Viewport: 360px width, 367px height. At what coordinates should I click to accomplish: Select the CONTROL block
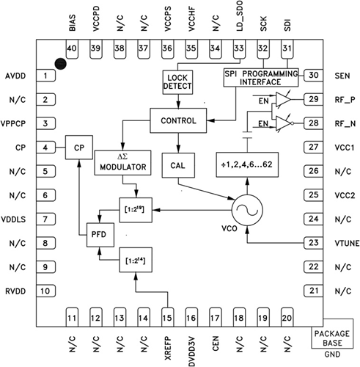pyautogui.click(x=178, y=120)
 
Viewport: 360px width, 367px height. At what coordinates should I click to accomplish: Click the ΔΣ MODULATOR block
pyautogui.click(x=122, y=162)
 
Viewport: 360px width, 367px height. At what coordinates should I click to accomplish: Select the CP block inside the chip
pyautogui.click(x=78, y=147)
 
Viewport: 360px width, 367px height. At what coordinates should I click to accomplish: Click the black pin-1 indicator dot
pyautogui.click(x=61, y=65)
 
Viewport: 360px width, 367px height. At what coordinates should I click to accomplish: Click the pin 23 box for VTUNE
pyautogui.click(x=314, y=243)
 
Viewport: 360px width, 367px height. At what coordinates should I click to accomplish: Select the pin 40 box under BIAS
pyautogui.click(x=72, y=48)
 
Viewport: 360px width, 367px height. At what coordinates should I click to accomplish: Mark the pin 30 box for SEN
pyautogui.click(x=314, y=76)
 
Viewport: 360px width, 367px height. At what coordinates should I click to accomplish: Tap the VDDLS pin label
pyautogui.click(x=16, y=219)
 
